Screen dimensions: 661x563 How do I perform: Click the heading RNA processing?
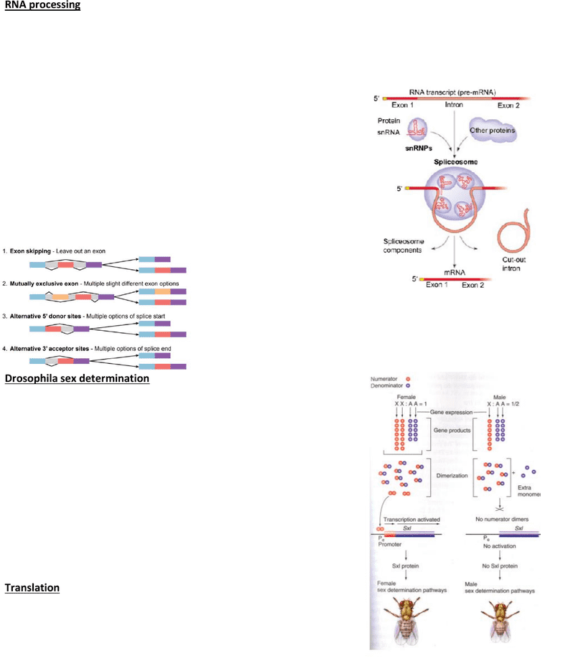pyautogui.click(x=42, y=6)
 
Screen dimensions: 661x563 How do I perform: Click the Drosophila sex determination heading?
pyautogui.click(x=77, y=378)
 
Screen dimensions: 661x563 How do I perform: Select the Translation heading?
pyautogui.click(x=32, y=588)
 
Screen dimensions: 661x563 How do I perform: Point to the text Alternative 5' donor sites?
pyautogui.click(x=46, y=316)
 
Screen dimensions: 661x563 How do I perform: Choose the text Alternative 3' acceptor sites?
pyautogui.click(x=49, y=349)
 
